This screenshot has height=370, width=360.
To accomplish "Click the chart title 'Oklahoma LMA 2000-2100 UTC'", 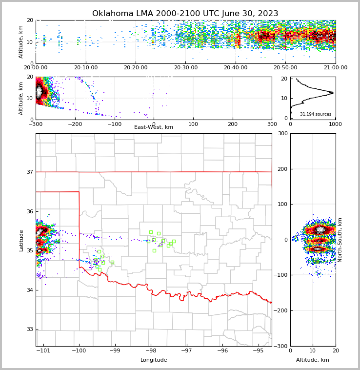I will [x=185, y=14].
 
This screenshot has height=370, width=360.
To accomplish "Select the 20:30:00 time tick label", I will [x=185, y=68].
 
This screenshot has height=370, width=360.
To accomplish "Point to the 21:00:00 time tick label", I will [x=335, y=68].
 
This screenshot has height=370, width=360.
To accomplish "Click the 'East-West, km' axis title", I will [x=154, y=127].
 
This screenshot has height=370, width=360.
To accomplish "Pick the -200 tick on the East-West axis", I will [x=75, y=124].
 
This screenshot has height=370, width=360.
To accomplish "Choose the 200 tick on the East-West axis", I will [x=232, y=124].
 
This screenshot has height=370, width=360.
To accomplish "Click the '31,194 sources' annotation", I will [x=316, y=114].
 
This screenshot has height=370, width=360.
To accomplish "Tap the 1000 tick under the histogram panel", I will [x=335, y=124].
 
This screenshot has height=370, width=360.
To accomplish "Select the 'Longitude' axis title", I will [x=154, y=360].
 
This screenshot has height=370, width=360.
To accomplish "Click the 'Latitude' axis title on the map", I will [x=21, y=240].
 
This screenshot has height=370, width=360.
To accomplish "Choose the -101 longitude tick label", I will [x=43, y=351].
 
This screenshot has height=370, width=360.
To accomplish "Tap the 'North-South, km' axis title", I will [x=340, y=240].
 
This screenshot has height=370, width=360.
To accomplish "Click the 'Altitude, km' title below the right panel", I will [x=313, y=360].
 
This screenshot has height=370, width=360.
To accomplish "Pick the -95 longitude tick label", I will [x=259, y=351].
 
